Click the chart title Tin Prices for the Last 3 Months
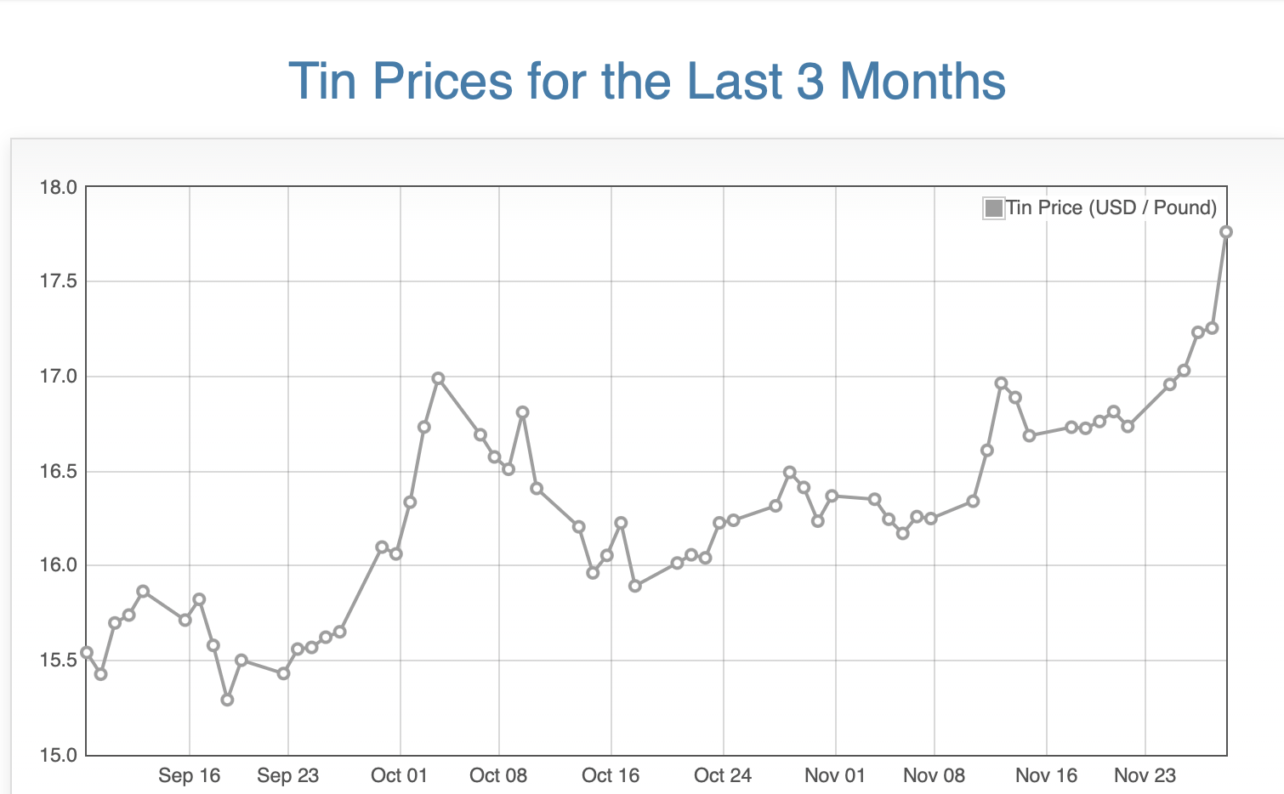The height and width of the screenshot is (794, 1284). pos(646,82)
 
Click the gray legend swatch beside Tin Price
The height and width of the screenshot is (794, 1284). pos(992,207)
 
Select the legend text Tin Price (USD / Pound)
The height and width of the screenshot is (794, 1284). pos(1111,207)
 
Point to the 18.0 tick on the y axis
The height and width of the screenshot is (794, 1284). pos(58,187)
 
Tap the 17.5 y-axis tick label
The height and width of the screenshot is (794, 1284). pos(58,281)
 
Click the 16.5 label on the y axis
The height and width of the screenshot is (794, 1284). pos(58,471)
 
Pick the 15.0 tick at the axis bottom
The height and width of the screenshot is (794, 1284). pos(58,755)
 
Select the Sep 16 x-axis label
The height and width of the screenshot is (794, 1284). pos(189,775)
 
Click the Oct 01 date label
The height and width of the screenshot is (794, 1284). pos(399,775)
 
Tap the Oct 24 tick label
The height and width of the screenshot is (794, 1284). pos(723,775)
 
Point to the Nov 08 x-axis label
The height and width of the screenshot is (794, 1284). pos(934,775)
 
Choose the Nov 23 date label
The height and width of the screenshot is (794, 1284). pos(1145,775)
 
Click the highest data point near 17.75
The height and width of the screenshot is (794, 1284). pos(1225,232)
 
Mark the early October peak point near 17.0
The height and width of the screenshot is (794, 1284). pos(438,378)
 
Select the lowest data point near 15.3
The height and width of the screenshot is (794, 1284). pos(227,700)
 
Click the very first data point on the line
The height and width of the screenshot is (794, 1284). pos(87,653)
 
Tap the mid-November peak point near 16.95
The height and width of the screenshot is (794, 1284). pos(1001,383)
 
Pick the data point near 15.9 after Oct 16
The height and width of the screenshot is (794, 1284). pos(634,586)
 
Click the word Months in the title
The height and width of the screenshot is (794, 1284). pos(923,82)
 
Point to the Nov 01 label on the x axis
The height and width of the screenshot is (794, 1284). pos(834,775)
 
